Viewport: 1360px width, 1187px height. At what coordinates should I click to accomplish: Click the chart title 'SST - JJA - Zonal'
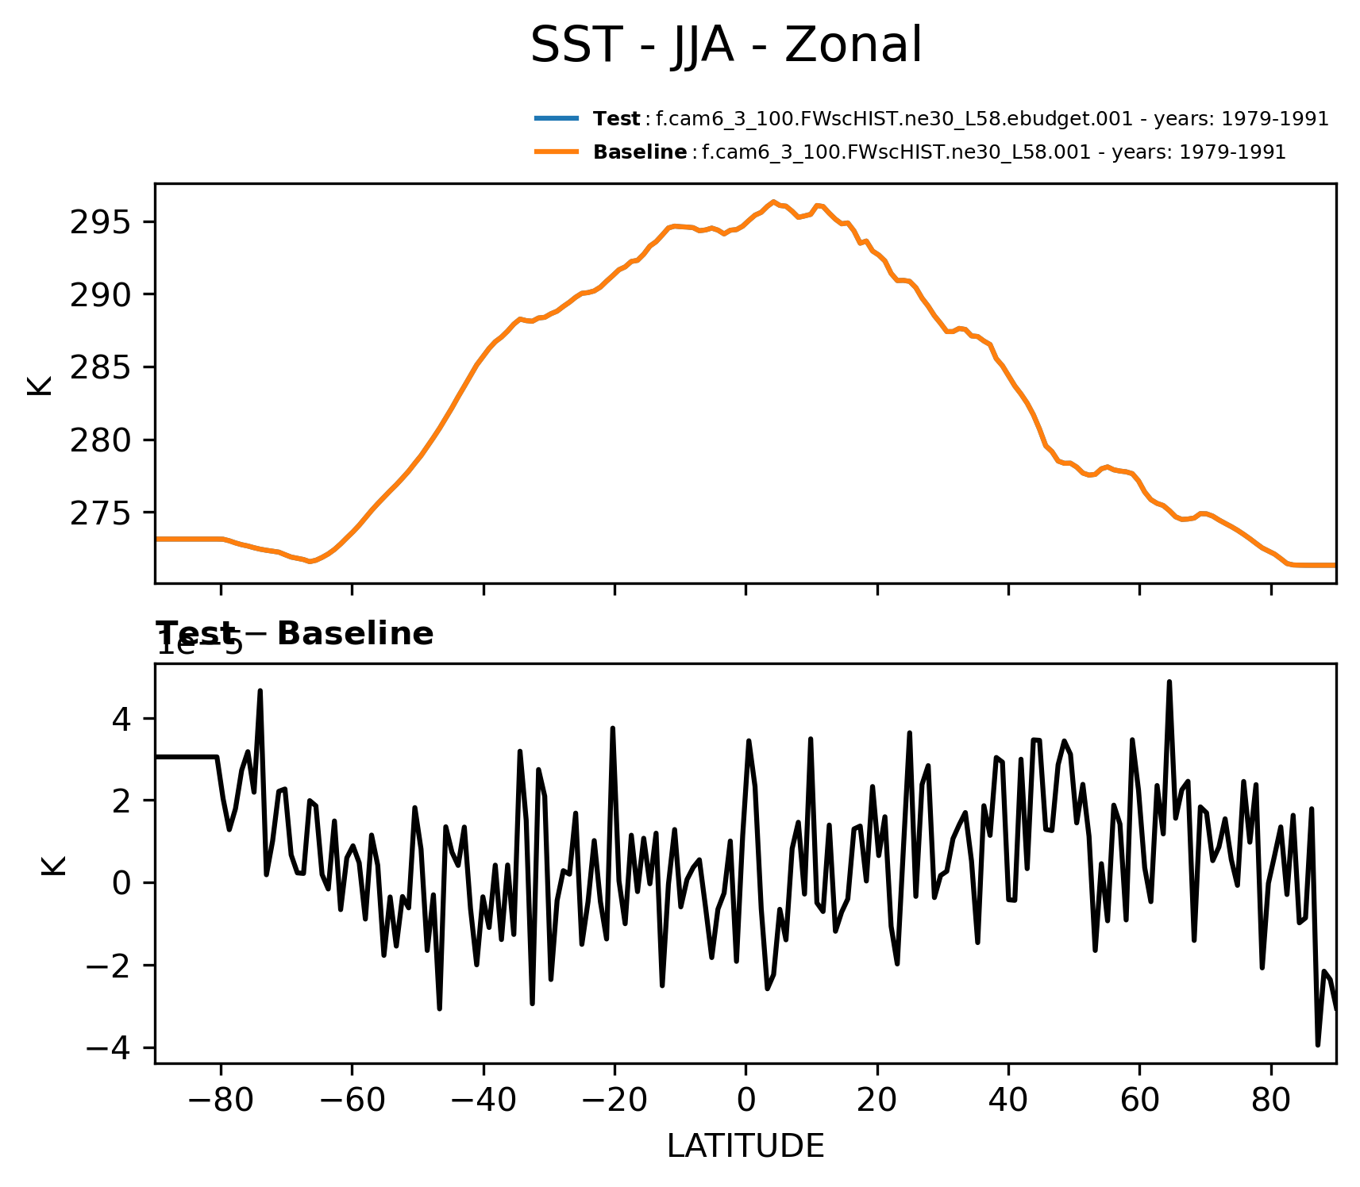tap(726, 45)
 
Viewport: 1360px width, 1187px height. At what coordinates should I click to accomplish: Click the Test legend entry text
tap(961, 119)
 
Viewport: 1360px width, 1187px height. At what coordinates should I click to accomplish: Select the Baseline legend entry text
tap(939, 152)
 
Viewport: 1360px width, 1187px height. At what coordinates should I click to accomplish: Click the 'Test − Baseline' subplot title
tap(295, 634)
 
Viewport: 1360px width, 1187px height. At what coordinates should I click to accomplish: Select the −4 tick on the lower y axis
tap(109, 1048)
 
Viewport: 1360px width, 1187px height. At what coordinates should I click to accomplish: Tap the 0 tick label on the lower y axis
tap(121, 883)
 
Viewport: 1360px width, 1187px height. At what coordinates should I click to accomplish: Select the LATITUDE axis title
tap(745, 1147)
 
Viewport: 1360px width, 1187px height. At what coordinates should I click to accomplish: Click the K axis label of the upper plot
tap(40, 385)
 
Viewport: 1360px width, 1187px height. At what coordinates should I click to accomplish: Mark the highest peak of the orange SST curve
tap(772, 202)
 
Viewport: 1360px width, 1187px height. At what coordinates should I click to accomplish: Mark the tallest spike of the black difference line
tap(1169, 682)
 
